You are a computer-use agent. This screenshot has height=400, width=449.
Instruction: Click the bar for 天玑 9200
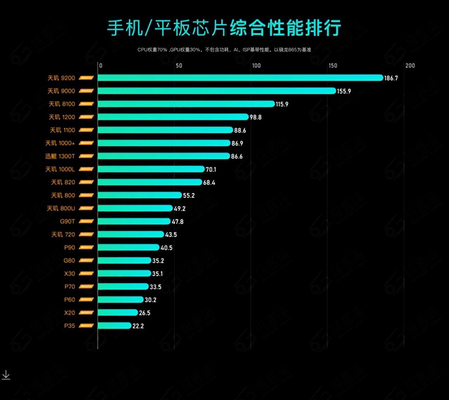point(240,78)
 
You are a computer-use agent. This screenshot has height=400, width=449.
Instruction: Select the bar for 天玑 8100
point(186,104)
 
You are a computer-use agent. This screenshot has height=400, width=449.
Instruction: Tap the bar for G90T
point(134,221)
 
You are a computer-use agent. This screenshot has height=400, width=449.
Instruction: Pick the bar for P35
point(114,326)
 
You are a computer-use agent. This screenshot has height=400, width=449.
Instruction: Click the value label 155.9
point(344,91)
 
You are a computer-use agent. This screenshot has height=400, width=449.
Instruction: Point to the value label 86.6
point(237,157)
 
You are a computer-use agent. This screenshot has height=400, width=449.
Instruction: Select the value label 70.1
point(211,170)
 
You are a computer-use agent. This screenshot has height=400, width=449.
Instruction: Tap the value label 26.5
point(145,313)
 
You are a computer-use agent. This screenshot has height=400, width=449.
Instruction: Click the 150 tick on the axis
point(333,66)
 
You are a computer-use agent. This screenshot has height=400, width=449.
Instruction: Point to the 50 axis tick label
point(179,66)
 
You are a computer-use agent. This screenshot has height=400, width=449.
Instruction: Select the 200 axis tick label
point(410,66)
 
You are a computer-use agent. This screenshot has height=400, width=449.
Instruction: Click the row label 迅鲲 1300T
point(60,156)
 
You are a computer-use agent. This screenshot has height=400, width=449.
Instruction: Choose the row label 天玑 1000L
point(60,170)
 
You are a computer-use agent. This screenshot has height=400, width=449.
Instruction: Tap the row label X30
point(69,274)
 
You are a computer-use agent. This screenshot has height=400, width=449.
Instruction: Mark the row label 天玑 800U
point(61,208)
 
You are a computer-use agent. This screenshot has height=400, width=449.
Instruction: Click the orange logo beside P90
point(86,248)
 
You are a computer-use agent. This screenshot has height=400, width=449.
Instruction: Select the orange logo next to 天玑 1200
point(86,117)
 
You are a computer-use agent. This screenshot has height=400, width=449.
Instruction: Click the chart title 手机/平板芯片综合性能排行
point(224,28)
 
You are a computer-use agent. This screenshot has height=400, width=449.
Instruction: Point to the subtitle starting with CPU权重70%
point(224,50)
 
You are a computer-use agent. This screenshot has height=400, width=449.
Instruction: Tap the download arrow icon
point(6,375)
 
